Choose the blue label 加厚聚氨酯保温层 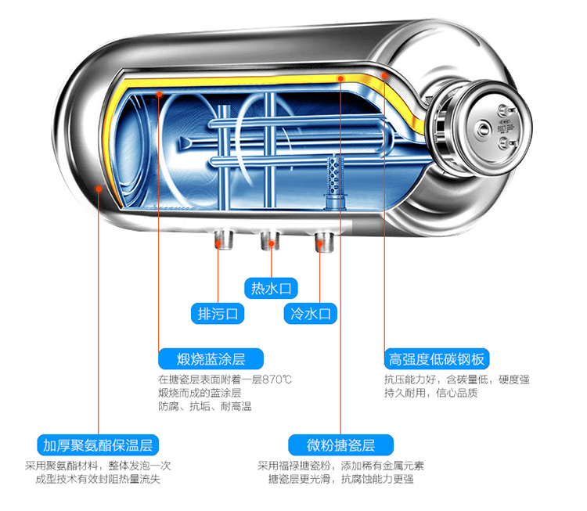coord(97,445)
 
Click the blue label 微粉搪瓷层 coord(342,445)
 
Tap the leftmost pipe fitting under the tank coord(221,239)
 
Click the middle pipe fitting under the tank coord(271,239)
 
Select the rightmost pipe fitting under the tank coord(323,240)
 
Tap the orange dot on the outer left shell coord(98,187)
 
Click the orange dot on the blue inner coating coord(159,94)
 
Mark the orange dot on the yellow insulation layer coord(340,78)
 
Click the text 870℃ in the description coord(277,380)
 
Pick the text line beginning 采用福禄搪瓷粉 coord(341,466)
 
